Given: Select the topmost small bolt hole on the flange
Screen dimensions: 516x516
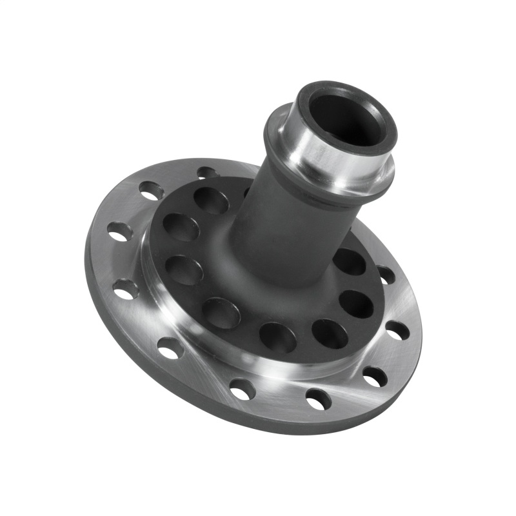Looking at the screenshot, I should click(x=208, y=173).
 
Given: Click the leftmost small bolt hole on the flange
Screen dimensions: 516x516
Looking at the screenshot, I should click(x=120, y=231).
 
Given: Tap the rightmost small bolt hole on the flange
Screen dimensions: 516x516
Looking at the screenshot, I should click(x=397, y=330).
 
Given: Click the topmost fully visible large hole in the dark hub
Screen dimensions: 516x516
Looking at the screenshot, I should click(x=212, y=200).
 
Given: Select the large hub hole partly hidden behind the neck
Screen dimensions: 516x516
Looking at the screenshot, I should click(x=247, y=192).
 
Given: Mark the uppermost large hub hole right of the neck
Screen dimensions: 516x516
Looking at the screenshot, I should click(x=350, y=261).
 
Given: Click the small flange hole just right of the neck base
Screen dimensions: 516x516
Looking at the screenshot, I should click(x=386, y=275).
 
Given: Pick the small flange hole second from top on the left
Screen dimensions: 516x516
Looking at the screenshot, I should click(x=152, y=190).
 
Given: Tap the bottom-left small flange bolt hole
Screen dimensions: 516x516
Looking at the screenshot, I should click(x=170, y=348).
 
